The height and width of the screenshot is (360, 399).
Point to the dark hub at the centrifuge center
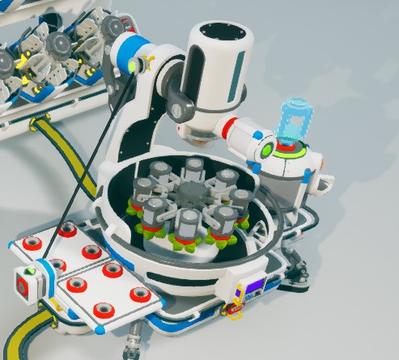click(x=192, y=195)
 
